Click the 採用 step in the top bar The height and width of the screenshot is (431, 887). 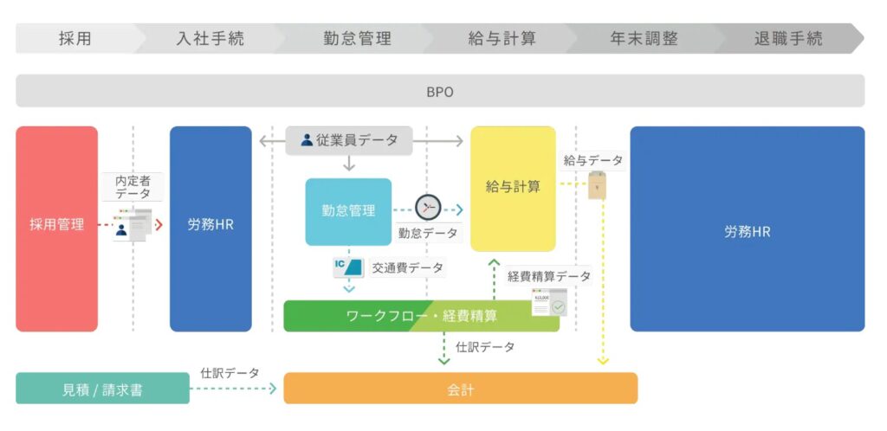74,39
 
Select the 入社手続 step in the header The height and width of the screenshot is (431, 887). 210,39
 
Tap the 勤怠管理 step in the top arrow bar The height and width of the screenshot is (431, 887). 357,39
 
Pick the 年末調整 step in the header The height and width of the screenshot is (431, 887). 644,39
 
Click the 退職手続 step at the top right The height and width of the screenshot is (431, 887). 788,39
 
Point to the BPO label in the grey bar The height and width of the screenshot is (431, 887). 439,91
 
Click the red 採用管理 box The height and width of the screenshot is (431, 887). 56,227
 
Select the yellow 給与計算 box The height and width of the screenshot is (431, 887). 513,187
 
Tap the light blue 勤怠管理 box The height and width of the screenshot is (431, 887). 348,211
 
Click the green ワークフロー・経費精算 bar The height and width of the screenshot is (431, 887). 421,316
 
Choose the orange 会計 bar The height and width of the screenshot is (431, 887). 460,389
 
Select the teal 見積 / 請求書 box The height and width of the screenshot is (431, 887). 102,389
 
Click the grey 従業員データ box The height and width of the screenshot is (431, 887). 349,139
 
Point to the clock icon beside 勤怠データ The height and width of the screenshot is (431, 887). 427,208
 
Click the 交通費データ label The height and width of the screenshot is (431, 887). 407,268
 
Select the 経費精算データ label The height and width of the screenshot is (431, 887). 548,276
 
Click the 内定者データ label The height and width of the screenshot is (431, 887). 133,187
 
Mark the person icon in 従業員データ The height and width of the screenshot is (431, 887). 306,139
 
